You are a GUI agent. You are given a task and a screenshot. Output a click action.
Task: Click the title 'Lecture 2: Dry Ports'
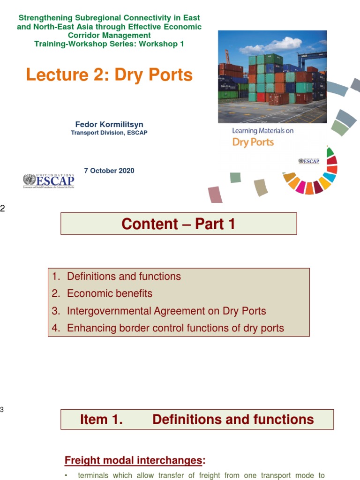coord(109,75)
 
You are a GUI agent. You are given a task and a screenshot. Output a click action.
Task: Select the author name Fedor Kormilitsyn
coord(109,124)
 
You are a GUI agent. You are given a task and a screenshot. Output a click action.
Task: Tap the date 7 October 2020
coord(109,171)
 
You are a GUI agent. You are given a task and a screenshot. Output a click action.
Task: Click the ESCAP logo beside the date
coord(48,181)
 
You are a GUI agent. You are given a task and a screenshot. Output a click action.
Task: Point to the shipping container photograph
coord(272,77)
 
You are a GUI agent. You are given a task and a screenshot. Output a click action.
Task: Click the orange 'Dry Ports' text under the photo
coord(253,142)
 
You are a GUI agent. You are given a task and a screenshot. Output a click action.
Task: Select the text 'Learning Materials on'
coord(262,131)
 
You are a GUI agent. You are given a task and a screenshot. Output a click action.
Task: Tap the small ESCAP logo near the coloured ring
coord(308,161)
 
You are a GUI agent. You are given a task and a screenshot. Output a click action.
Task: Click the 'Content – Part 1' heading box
coord(179,224)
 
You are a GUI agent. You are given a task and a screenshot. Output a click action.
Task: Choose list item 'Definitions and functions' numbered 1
coord(124,277)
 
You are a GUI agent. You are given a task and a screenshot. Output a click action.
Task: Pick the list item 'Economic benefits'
coord(110,293)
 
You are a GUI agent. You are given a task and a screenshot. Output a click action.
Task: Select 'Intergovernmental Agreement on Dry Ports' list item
coord(166,311)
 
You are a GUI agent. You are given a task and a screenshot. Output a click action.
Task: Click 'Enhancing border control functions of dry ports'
coord(175,328)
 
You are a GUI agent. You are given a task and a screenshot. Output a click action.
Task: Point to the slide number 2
coord(2,209)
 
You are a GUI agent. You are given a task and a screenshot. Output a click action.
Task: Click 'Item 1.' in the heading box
coord(101,420)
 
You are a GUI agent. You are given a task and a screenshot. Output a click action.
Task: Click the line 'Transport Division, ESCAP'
coord(109,133)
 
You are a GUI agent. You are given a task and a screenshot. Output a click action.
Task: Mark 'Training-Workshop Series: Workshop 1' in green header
coord(109,44)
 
